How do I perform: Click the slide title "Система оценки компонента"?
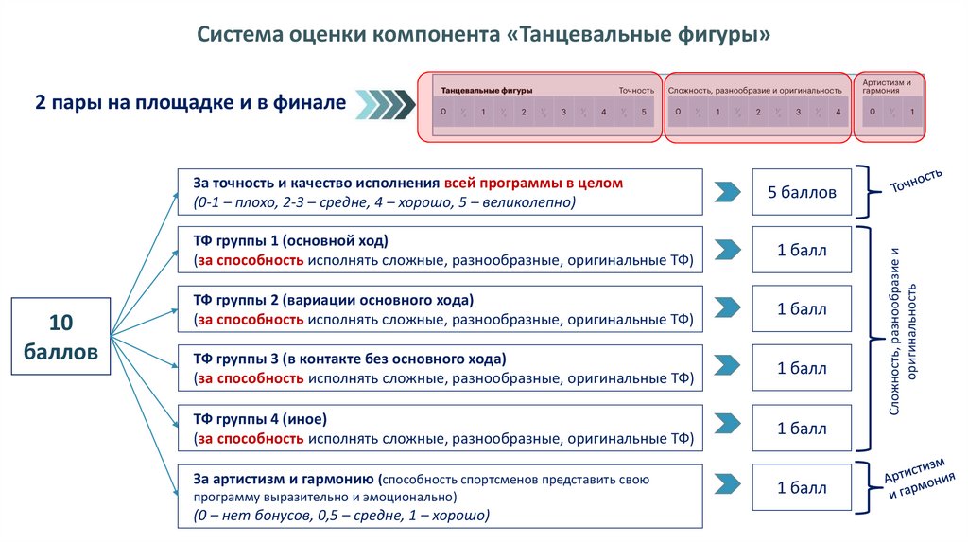[350, 35]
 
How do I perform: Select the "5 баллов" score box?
[802, 192]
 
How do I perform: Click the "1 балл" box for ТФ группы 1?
[802, 251]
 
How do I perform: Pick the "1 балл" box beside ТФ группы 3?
[802, 369]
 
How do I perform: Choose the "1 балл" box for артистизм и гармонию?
[802, 488]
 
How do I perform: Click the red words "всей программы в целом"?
[533, 182]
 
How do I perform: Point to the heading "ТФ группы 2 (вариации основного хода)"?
[333, 301]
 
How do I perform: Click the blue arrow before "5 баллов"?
[727, 192]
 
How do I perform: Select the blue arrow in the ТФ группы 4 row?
[727, 429]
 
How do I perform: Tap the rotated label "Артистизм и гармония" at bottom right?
[915, 479]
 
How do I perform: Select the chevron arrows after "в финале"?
[387, 103]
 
